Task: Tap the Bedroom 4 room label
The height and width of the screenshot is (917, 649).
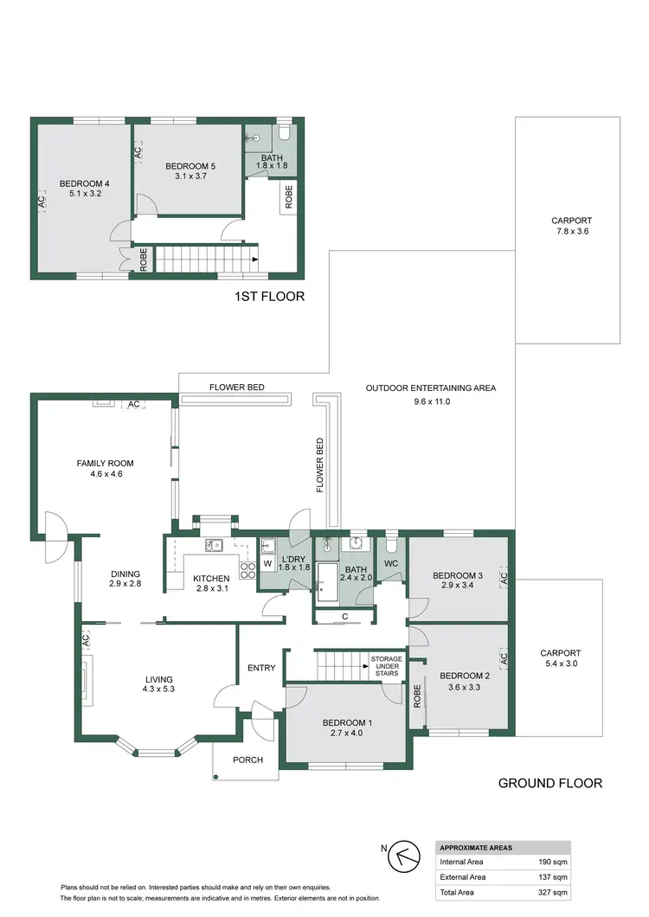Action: pos(85,183)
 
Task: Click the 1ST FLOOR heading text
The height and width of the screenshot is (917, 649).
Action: pos(269,297)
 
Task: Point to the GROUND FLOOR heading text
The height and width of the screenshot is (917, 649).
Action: pos(550,784)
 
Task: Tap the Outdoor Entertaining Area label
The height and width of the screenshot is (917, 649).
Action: pos(430,388)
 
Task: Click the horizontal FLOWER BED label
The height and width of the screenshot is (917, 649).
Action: pos(236,387)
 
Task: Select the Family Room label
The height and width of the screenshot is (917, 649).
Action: pos(106,464)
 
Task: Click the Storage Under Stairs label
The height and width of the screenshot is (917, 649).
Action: pos(385,665)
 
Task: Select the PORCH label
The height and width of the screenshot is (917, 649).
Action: pos(247,760)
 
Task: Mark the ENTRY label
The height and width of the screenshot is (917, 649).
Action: pos(260,667)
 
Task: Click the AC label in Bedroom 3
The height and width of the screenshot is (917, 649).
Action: pos(503,577)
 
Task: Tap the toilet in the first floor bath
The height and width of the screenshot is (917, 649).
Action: pos(284,133)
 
